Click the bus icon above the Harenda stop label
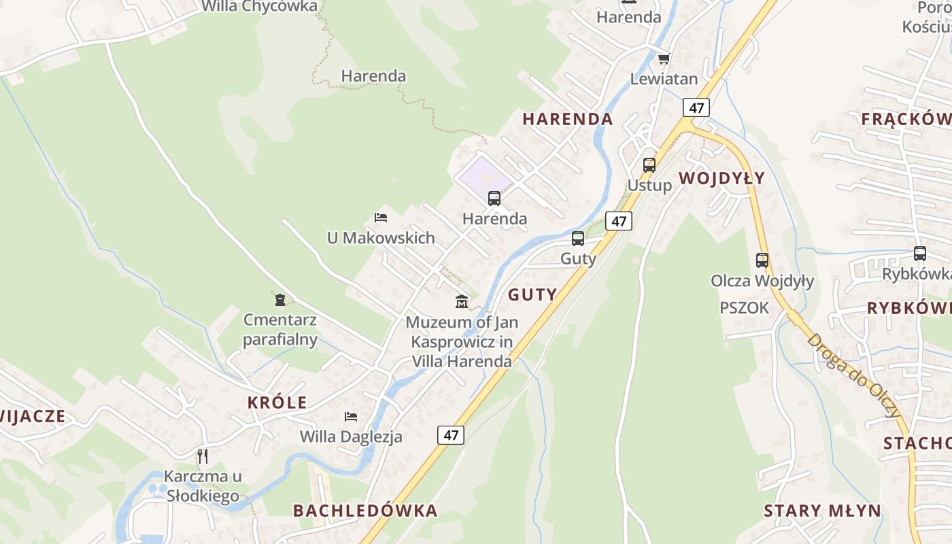[x=494, y=199]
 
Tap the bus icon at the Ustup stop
[x=649, y=165]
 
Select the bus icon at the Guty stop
[x=578, y=239]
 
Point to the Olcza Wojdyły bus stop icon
[x=762, y=260]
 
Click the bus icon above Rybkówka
[x=920, y=254]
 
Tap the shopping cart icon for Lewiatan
[x=664, y=58]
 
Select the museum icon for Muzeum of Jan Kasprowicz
[x=462, y=301]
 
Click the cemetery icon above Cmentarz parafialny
[x=279, y=299]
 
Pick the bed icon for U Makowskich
[x=381, y=218]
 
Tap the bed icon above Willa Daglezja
[x=351, y=416]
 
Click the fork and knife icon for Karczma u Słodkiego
[x=202, y=456]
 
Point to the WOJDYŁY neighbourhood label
[x=721, y=178]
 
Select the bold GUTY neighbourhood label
[x=532, y=294]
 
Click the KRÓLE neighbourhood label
[x=277, y=402]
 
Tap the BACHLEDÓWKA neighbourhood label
[x=365, y=510]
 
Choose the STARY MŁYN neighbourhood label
[x=822, y=511]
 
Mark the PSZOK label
[x=744, y=308]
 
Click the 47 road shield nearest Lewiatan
[x=696, y=107]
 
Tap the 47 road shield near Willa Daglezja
[x=451, y=435]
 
